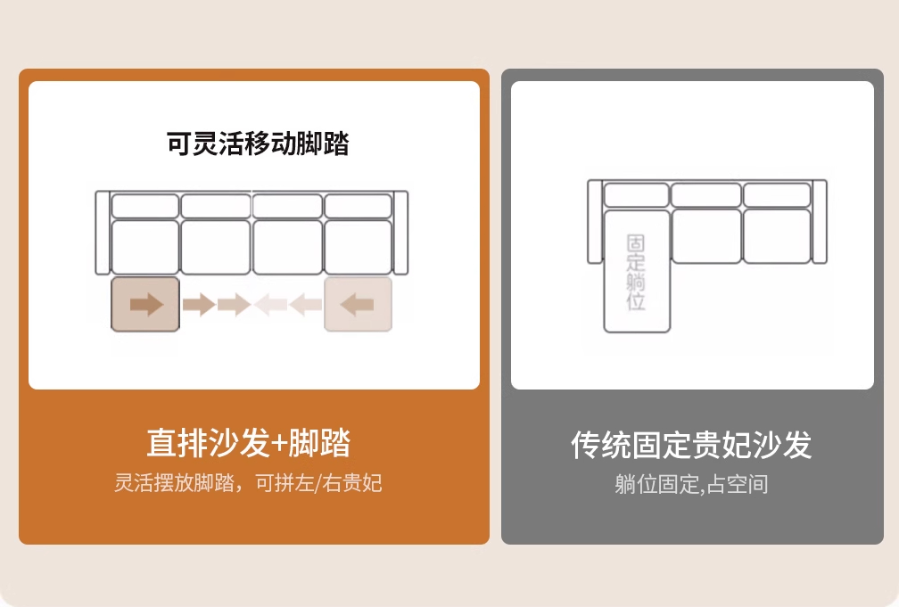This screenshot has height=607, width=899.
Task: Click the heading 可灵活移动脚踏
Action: tap(258, 144)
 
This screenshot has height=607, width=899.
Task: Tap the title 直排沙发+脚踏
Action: tap(248, 442)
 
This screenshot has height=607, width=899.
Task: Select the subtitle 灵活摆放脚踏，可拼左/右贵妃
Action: tap(248, 483)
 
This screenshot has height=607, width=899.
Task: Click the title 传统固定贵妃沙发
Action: tap(691, 445)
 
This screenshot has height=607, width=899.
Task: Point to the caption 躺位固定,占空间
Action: tap(691, 484)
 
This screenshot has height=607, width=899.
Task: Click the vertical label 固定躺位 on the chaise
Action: tap(636, 272)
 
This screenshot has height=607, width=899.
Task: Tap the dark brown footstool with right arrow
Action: tap(145, 304)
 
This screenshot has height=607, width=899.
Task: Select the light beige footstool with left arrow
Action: tap(359, 304)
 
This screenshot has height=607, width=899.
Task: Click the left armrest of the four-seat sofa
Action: tap(103, 233)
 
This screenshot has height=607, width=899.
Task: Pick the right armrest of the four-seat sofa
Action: tap(400, 233)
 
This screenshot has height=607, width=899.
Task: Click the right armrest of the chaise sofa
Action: tap(820, 222)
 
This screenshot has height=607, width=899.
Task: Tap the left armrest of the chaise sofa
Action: tap(595, 222)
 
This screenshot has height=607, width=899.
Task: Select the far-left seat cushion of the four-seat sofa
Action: tap(145, 247)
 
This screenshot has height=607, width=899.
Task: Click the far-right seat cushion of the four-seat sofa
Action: tap(359, 247)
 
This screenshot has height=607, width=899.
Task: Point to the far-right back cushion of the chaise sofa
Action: tap(777, 195)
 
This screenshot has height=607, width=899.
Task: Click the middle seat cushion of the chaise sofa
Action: tap(706, 236)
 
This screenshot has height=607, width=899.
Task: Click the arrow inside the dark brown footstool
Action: tap(147, 304)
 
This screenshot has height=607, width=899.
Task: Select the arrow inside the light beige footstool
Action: tap(357, 304)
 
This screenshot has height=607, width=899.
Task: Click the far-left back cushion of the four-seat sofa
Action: tap(145, 207)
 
